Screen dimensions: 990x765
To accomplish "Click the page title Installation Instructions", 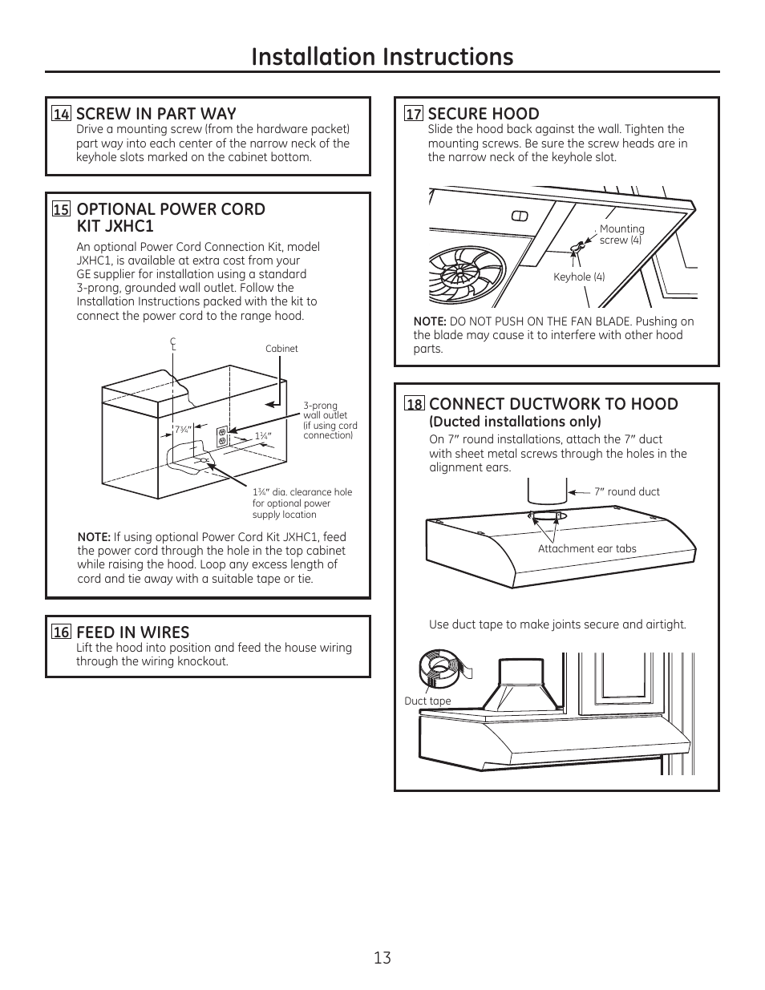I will pyautogui.click(x=382, y=56).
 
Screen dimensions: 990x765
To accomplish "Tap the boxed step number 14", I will pyautogui.click(x=61, y=114).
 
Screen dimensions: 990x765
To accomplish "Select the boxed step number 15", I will pyautogui.click(x=61, y=209).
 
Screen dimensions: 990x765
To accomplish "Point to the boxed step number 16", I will pyautogui.click(x=61, y=632).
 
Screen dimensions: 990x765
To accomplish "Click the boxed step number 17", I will pyautogui.click(x=413, y=114).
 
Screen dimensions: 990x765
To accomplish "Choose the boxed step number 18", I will pyautogui.click(x=414, y=404).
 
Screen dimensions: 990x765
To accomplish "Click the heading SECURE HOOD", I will pyautogui.click(x=483, y=114).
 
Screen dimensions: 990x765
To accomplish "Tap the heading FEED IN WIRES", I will pyautogui.click(x=132, y=632).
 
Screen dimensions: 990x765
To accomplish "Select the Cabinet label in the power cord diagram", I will pyautogui.click(x=281, y=349).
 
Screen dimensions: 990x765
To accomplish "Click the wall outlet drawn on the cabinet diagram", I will pyautogui.click(x=222, y=435).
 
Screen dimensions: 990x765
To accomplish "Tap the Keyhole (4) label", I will pyautogui.click(x=579, y=277).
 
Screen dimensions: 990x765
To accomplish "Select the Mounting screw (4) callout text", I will pyautogui.click(x=621, y=234).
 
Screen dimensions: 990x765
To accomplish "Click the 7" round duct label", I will pyautogui.click(x=626, y=491).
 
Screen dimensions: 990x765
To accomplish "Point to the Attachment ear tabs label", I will pyautogui.click(x=587, y=549).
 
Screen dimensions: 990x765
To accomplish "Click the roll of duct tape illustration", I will pyautogui.click(x=443, y=668).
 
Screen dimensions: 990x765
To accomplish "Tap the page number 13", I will pyautogui.click(x=382, y=957).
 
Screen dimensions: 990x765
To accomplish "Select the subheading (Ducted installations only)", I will pyautogui.click(x=515, y=422).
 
